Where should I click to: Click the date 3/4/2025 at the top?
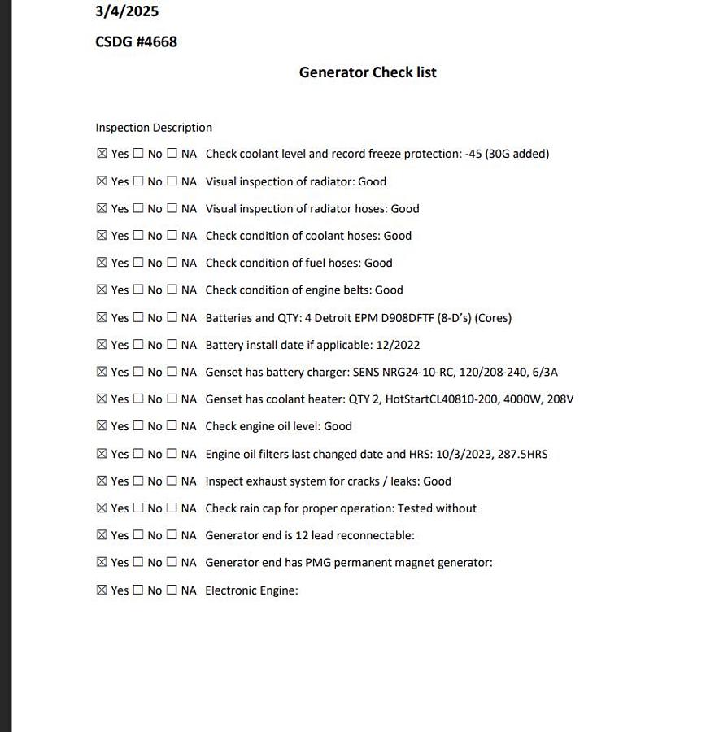pos(127,11)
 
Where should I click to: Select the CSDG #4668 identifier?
pos(136,41)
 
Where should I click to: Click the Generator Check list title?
pos(368,72)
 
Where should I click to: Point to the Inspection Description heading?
pos(154,128)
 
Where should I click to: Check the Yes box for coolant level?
pos(102,154)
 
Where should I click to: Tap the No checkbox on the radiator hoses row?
pos(138,208)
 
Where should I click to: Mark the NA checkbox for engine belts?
pos(172,290)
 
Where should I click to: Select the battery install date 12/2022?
pos(398,345)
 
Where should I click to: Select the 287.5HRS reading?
pos(522,454)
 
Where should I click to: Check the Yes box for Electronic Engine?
pos(102,590)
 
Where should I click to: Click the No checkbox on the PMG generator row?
pos(138,562)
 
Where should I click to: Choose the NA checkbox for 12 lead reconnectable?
pos(172,535)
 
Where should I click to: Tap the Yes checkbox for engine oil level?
pos(102,426)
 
